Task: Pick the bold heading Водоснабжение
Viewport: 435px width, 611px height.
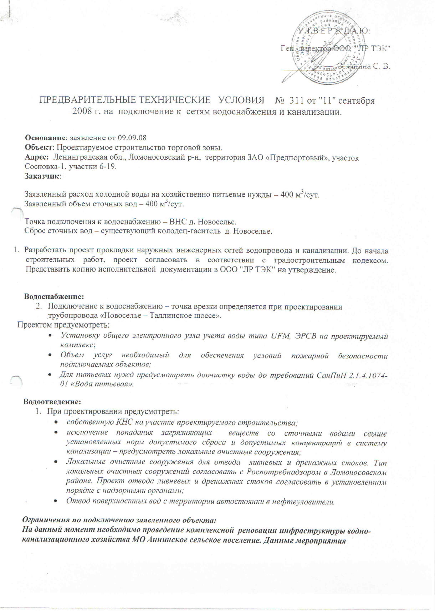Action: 54,296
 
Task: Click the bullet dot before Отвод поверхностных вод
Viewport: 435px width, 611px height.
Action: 56,502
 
